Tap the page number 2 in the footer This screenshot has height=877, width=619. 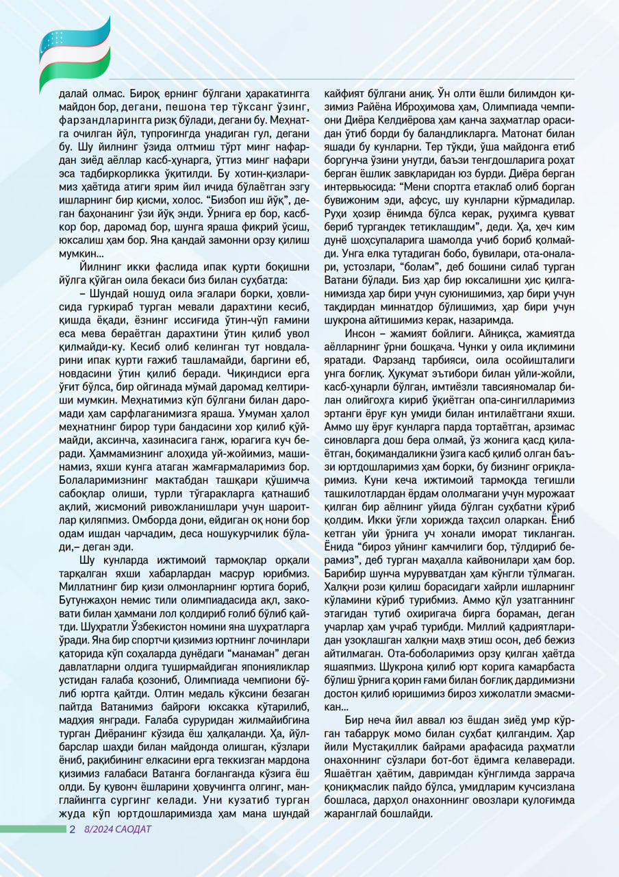click(72, 829)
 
